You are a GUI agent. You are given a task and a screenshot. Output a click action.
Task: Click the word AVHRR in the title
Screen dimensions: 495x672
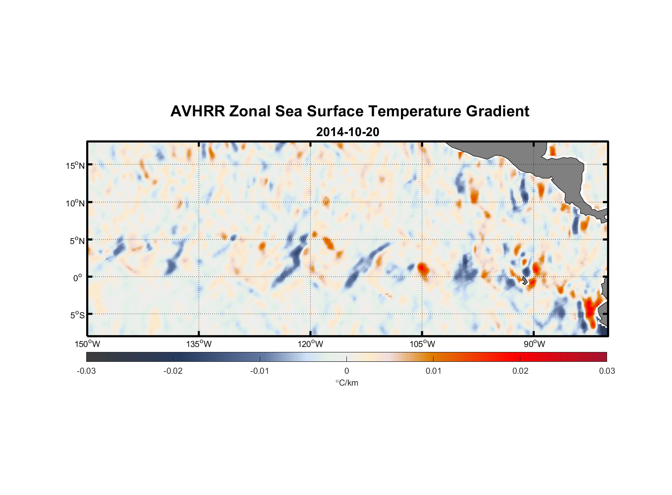point(197,111)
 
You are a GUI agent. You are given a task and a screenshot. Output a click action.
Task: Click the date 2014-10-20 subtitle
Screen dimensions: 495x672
point(347,132)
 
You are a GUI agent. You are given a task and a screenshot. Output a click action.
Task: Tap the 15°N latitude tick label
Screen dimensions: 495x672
point(75,165)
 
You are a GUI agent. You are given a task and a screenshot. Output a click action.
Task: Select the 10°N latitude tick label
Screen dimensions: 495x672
point(75,203)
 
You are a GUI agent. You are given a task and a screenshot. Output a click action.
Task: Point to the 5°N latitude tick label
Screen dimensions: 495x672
point(77,241)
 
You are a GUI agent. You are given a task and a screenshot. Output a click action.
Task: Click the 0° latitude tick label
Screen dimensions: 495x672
point(78,278)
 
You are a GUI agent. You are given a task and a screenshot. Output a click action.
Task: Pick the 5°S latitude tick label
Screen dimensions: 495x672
point(77,315)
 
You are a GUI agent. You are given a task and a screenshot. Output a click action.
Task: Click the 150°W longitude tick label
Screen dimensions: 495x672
point(87,344)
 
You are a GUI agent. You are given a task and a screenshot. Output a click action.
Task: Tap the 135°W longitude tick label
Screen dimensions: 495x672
point(199,344)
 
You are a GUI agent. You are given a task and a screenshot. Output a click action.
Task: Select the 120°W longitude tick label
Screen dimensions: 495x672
point(310,344)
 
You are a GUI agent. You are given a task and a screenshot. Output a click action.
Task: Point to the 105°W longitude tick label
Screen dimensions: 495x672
point(422,344)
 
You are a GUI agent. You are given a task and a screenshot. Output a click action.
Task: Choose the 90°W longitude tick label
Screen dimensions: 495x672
point(534,344)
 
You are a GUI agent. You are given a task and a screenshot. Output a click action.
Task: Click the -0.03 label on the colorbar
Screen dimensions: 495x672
point(86,371)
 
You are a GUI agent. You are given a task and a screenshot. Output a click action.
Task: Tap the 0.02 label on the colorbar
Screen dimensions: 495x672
point(520,371)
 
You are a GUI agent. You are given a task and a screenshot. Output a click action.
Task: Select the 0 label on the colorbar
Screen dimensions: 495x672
point(346,371)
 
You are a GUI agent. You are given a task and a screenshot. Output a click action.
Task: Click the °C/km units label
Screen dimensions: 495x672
point(346,383)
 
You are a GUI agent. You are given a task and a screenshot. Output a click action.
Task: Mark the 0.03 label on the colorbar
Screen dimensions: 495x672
point(607,371)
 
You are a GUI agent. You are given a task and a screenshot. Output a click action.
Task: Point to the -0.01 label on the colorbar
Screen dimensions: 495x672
point(259,371)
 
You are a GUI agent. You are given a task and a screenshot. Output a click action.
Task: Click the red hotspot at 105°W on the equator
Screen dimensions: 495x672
point(422,269)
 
